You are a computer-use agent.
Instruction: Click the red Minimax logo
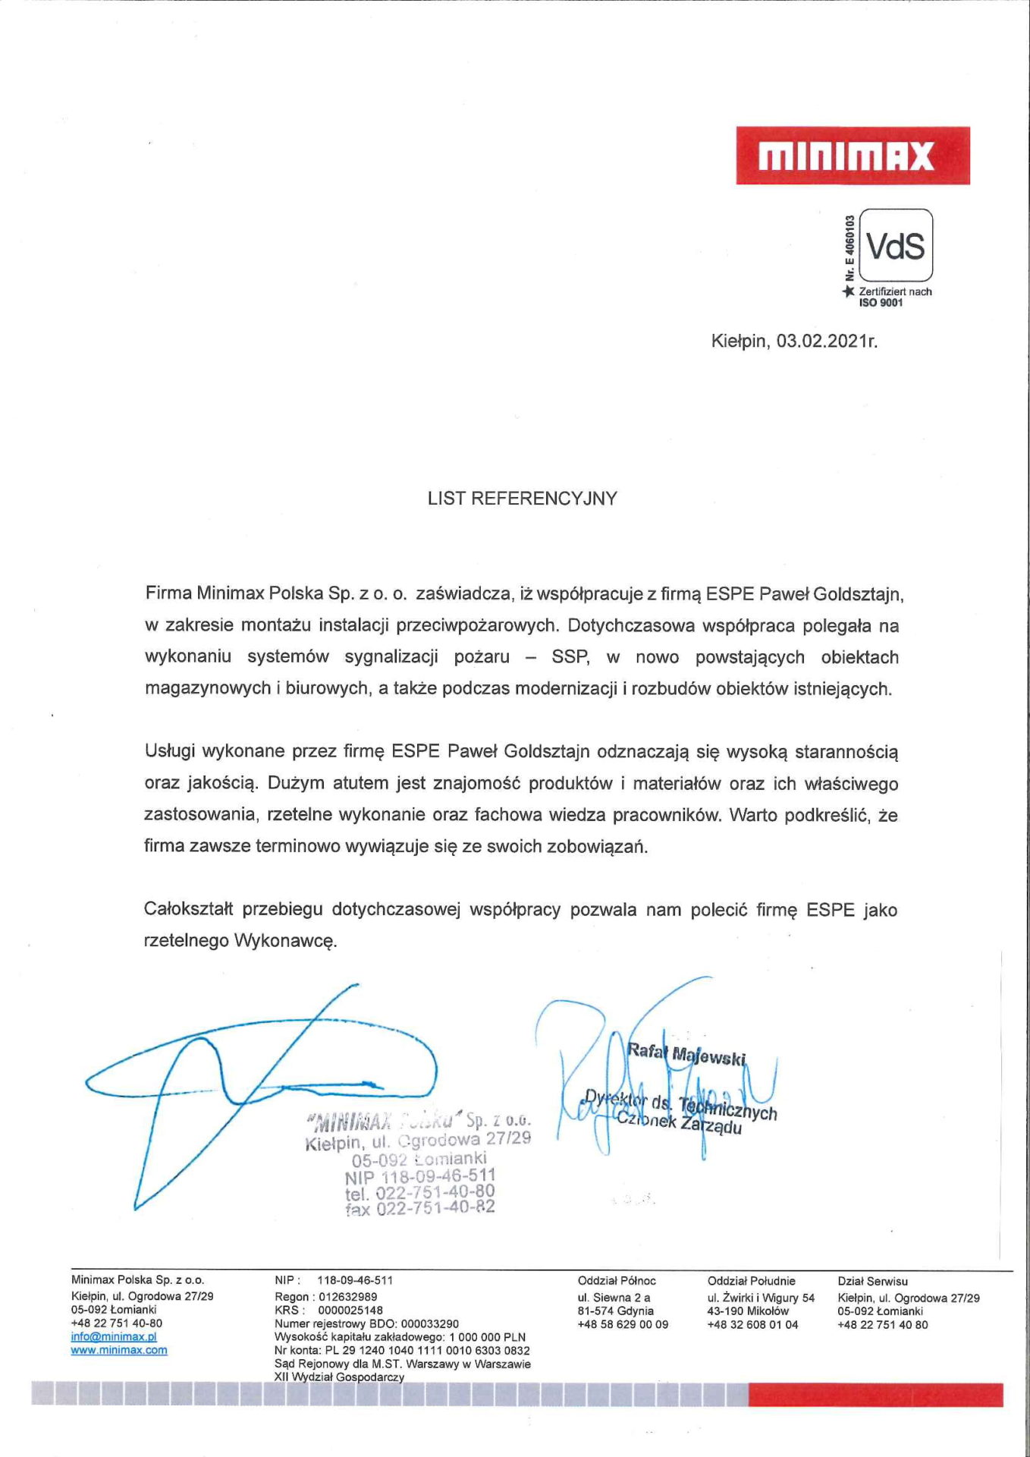tap(853, 156)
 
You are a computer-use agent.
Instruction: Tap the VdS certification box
tap(896, 246)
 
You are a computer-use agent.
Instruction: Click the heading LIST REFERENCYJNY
tap(523, 499)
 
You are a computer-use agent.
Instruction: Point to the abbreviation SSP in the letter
tap(570, 657)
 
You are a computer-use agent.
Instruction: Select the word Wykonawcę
tap(285, 941)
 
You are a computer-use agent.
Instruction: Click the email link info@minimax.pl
tap(114, 1336)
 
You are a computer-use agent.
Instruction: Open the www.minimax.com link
tap(119, 1350)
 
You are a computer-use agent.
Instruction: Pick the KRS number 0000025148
tap(350, 1310)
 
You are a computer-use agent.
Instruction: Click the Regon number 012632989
tap(347, 1296)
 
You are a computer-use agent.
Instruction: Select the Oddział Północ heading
tap(617, 1281)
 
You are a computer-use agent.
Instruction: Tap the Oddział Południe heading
tap(751, 1281)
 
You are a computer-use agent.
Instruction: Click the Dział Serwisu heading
tap(872, 1281)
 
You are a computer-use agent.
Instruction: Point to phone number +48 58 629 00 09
tap(623, 1324)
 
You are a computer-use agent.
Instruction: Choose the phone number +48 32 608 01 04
tap(752, 1324)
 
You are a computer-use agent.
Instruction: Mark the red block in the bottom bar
tap(875, 1395)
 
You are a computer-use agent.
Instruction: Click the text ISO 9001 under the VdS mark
tap(881, 303)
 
